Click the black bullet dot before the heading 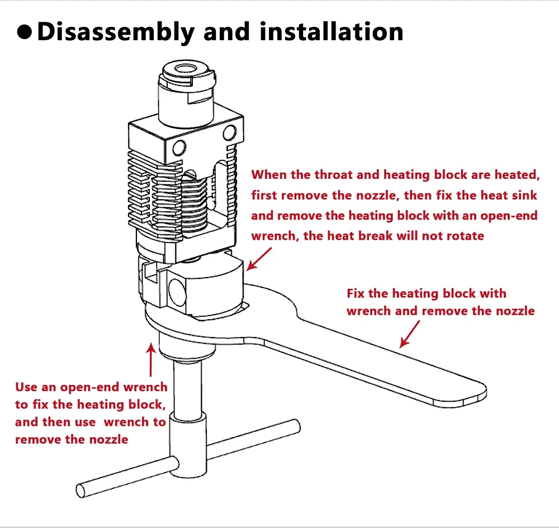(25, 32)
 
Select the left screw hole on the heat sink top (179, 148)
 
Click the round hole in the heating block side (176, 291)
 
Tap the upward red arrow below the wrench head (150, 360)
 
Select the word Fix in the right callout (357, 293)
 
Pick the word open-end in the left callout (89, 387)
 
